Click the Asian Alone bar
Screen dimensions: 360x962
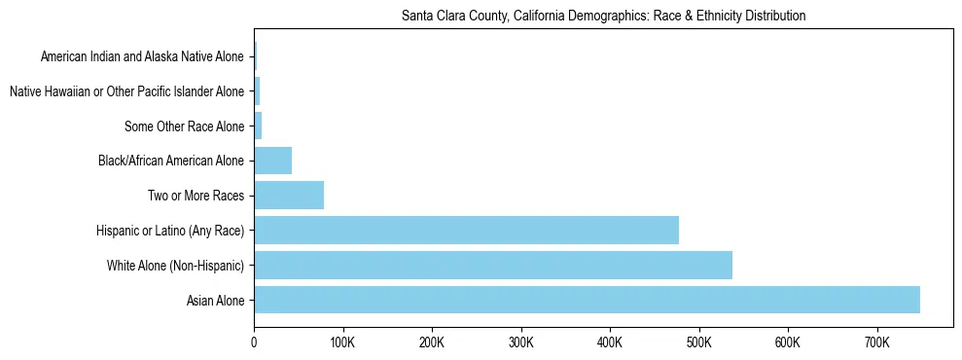[x=587, y=300]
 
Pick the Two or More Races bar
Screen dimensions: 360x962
[x=289, y=196]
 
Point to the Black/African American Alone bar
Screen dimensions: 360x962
[x=273, y=161]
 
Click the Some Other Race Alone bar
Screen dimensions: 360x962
[x=258, y=126]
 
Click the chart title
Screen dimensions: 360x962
[x=603, y=17]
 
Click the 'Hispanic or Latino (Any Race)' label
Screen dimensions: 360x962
[x=170, y=231]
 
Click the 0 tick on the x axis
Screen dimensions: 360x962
[x=254, y=342]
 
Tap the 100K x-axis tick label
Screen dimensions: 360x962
[x=342, y=342]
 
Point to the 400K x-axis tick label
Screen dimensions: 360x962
[x=610, y=342]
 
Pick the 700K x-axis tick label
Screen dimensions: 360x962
[x=876, y=342]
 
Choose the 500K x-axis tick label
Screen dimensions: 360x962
[x=698, y=342]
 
